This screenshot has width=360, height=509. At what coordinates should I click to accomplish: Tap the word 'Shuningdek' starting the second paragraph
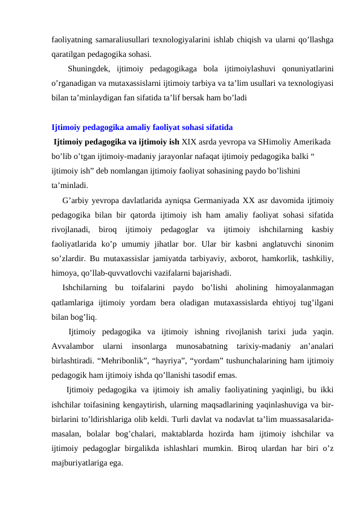pos(93,68)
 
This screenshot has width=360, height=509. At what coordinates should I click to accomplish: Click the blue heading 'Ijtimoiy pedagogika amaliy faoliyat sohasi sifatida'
pos(143,128)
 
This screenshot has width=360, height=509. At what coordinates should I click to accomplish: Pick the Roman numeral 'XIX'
pos(191,143)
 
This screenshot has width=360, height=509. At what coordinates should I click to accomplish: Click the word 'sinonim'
pos(323,243)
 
